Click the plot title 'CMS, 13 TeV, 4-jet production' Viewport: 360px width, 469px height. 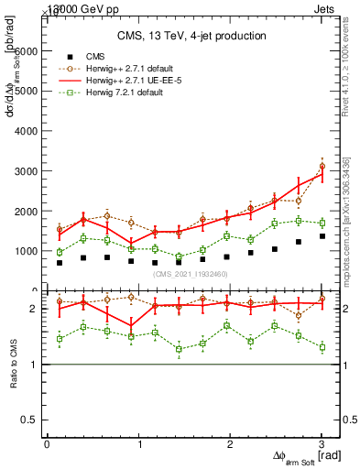click(191, 36)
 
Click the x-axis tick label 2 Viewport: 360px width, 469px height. click(230, 443)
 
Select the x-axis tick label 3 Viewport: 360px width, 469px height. click(322, 443)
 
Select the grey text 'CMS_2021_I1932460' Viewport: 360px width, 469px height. click(191, 274)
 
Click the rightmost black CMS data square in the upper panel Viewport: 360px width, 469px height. click(322, 236)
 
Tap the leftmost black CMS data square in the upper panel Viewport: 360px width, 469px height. click(60, 263)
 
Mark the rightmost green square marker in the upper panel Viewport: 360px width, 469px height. click(322, 223)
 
